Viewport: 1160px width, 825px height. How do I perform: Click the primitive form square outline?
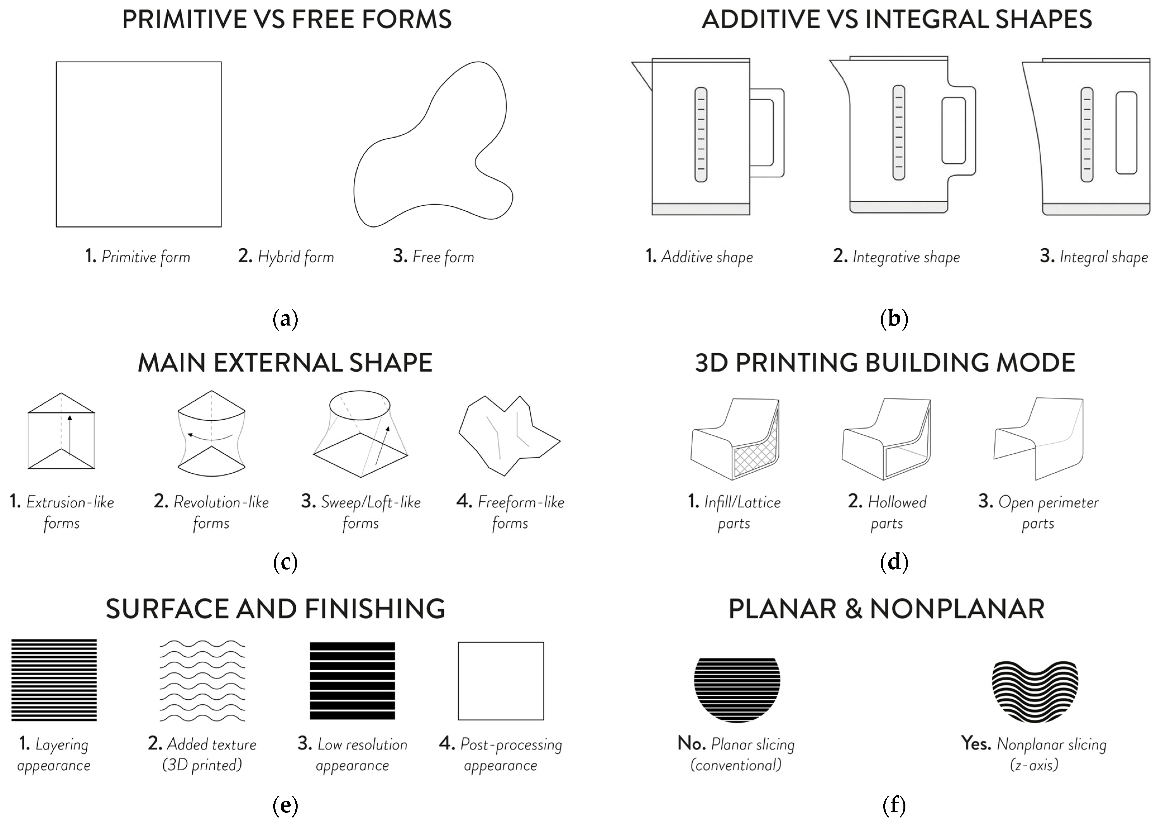pyautogui.click(x=139, y=144)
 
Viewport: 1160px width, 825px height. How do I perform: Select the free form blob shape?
pyautogui.click(x=432, y=152)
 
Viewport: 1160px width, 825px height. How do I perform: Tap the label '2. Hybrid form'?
pyautogui.click(x=286, y=257)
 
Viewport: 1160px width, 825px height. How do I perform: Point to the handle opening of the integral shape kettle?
pyautogui.click(x=1126, y=133)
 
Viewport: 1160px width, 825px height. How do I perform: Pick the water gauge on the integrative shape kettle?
pyautogui.click(x=898, y=132)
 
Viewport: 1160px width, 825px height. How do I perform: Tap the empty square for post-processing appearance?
pyautogui.click(x=501, y=681)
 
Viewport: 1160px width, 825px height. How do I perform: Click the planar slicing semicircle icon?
pyautogui.click(x=737, y=688)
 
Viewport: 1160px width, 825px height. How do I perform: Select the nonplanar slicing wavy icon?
pyautogui.click(x=1035, y=691)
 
